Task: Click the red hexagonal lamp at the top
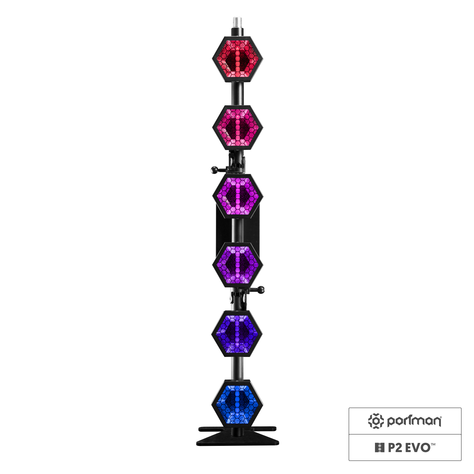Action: [x=238, y=59]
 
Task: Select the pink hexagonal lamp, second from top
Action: [x=238, y=127]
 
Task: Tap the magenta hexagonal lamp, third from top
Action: [x=238, y=196]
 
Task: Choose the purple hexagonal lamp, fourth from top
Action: [x=238, y=264]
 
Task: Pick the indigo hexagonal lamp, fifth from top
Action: [x=237, y=334]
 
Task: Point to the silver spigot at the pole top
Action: [x=237, y=23]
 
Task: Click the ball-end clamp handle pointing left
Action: [x=219, y=170]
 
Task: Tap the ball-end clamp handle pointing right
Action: [x=257, y=290]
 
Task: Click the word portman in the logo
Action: [x=414, y=421]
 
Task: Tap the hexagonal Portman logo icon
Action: [x=376, y=421]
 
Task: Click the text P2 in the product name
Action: [x=395, y=448]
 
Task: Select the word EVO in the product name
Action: [x=418, y=448]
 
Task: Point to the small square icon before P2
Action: [x=379, y=448]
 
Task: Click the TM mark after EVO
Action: [x=433, y=444]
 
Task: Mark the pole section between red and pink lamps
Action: [x=238, y=94]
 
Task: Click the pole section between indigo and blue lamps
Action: [x=238, y=368]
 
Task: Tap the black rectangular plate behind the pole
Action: [x=238, y=230]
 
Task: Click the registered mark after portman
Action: [x=441, y=417]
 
